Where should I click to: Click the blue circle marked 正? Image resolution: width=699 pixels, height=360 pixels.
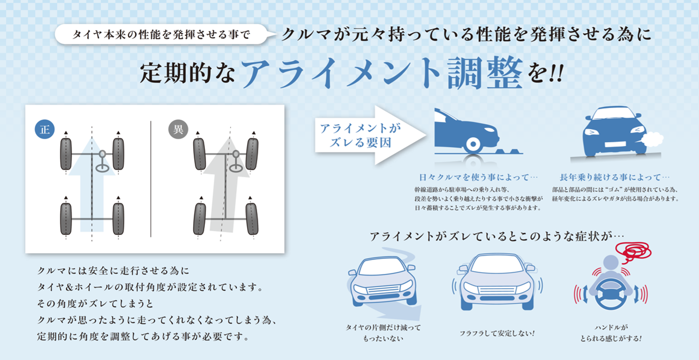point(45,129)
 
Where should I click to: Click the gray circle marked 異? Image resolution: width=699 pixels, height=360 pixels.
point(178,129)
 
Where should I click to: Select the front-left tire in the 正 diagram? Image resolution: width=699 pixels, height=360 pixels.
point(66,154)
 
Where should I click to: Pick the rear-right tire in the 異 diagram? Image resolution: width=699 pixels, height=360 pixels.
point(252,219)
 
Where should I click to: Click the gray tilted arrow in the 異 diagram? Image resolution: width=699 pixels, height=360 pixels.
point(225,186)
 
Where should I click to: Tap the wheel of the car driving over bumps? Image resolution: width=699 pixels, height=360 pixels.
point(473,144)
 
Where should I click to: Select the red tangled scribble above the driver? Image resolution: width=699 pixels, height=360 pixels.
point(633,252)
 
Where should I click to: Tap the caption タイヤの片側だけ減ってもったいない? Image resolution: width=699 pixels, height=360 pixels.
point(383,333)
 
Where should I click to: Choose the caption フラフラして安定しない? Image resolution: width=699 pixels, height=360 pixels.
point(497,333)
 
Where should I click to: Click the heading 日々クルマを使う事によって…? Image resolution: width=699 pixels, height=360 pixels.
point(478,178)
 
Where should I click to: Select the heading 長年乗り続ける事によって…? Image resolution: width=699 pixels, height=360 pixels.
point(615,178)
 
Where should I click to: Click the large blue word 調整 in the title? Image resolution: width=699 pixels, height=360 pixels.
point(485,73)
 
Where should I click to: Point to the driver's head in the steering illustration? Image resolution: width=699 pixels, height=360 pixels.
point(611,263)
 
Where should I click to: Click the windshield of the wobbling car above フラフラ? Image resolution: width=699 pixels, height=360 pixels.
point(498,264)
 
